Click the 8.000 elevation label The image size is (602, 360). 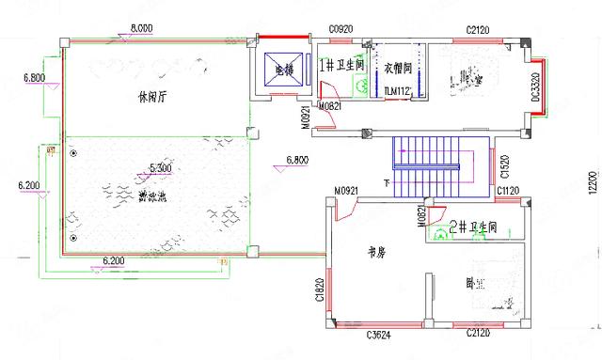coord(141,28)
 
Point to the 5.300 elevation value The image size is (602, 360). coord(160,167)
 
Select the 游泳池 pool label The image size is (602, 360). coord(152,196)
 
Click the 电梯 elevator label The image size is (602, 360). coord(282,69)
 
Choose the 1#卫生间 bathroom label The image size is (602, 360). coord(340,66)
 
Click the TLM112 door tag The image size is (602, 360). coord(399,91)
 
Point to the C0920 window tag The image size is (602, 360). coord(341,30)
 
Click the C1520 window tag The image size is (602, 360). coord(505,168)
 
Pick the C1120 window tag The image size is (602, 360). coord(508,192)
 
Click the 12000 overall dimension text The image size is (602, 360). coord(592,181)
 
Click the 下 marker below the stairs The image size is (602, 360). coord(387,182)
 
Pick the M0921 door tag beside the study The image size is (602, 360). coord(347,191)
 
